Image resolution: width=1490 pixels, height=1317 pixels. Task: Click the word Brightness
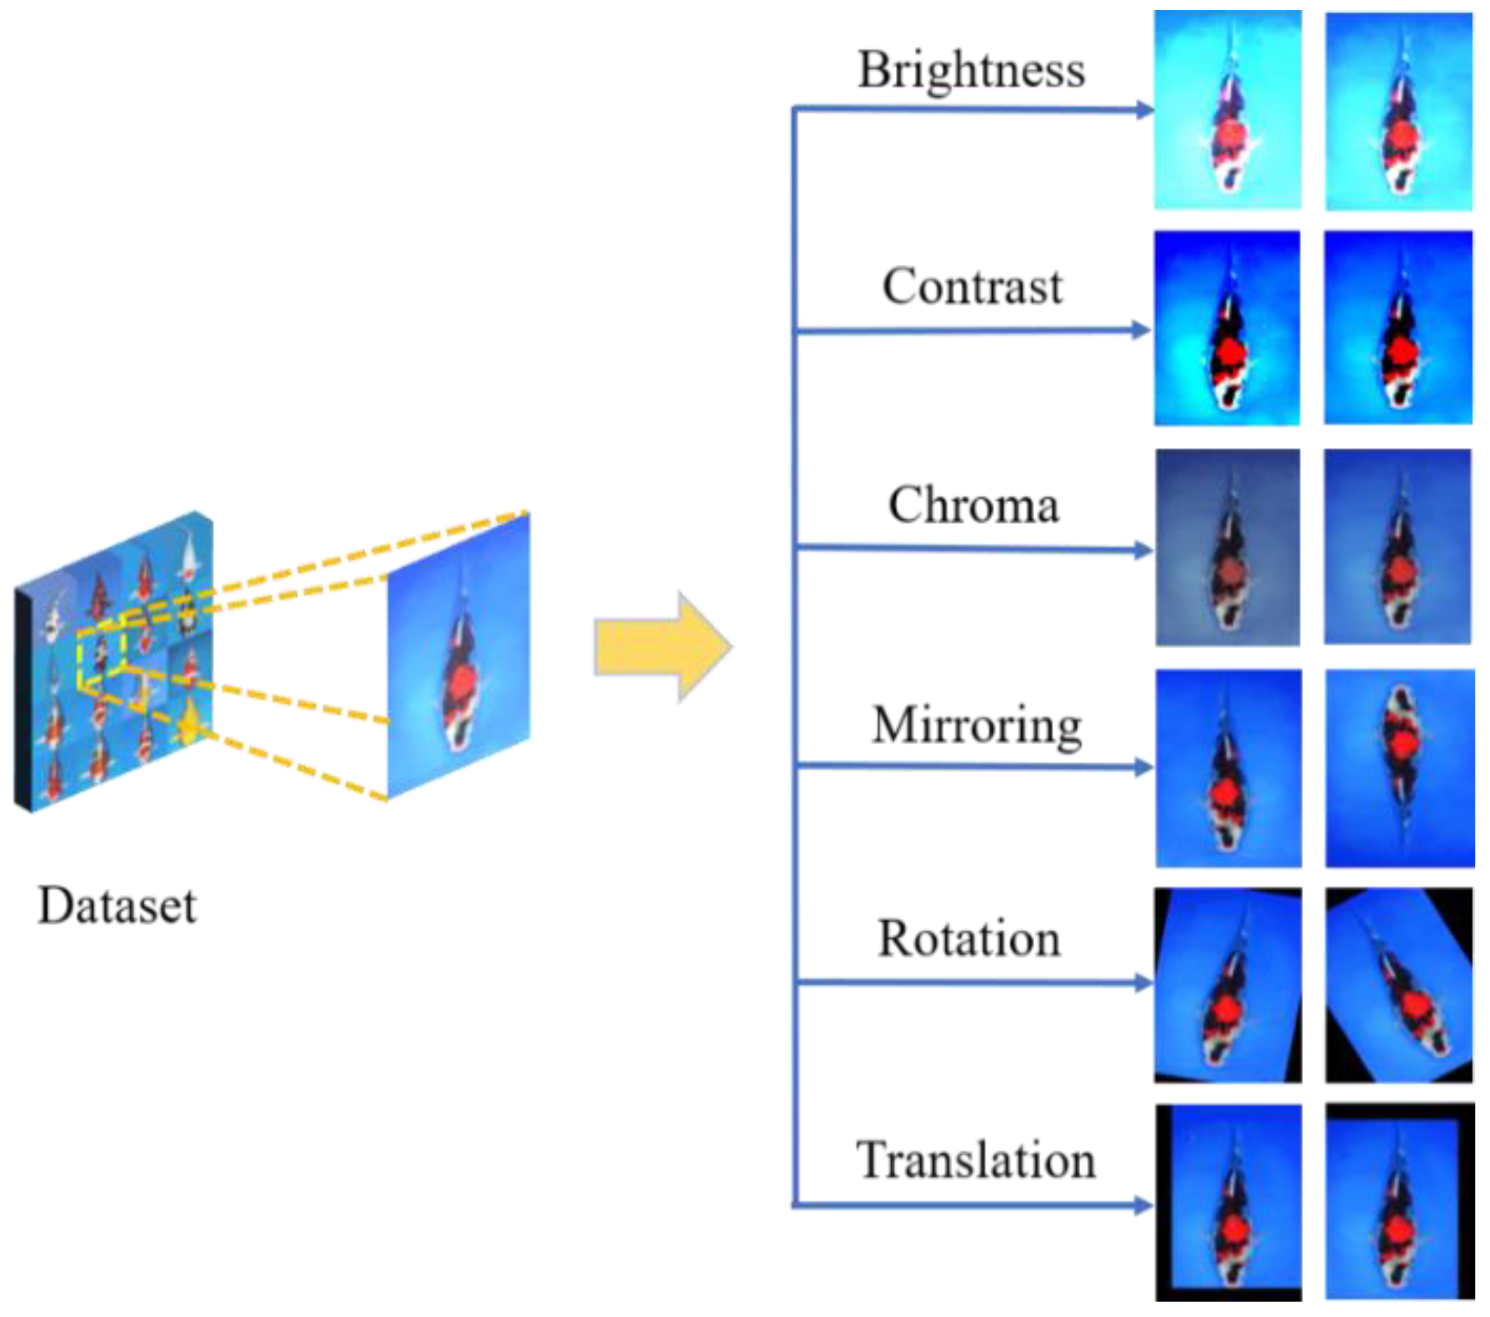click(971, 71)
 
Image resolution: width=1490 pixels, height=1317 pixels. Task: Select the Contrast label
click(973, 286)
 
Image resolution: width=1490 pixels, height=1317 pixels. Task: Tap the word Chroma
click(973, 505)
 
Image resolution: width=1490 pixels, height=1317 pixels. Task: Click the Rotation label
click(969, 939)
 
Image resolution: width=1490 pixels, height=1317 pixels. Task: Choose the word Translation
click(975, 1159)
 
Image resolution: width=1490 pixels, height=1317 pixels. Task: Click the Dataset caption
click(117, 906)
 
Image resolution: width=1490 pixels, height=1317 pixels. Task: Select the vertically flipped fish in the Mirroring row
click(1399, 768)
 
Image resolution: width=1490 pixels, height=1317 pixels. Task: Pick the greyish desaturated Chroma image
click(1228, 547)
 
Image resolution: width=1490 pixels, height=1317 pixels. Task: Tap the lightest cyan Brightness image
click(1228, 109)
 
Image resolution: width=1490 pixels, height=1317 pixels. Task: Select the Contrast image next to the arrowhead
click(1228, 328)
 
